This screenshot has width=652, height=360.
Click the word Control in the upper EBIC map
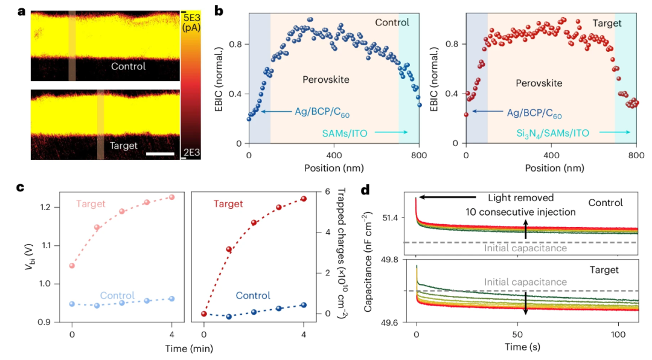pos(128,66)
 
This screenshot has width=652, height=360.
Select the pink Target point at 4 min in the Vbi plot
pos(172,198)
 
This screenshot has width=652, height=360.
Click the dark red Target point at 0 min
pos(204,313)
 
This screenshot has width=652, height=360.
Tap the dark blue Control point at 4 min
pos(304,305)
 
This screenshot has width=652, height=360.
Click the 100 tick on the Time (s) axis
pos(618,335)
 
